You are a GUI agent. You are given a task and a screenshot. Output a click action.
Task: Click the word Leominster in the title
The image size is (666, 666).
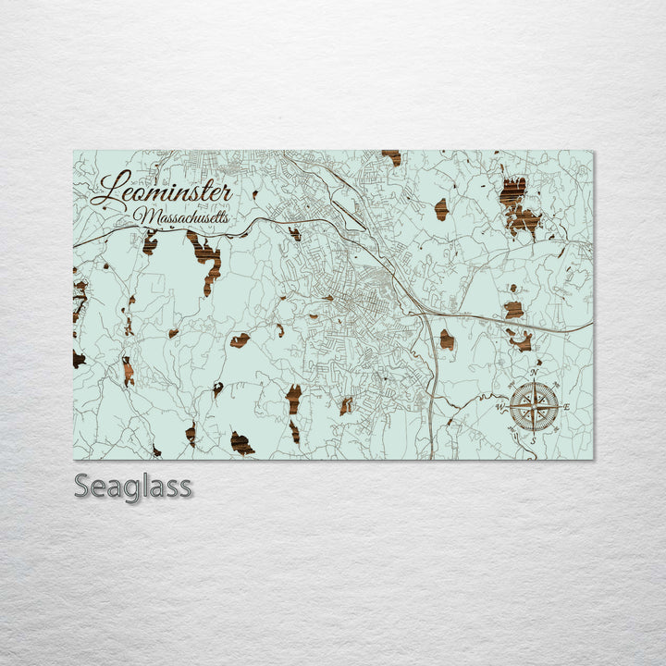162,192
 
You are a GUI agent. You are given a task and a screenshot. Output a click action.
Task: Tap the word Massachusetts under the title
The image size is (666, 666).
181,217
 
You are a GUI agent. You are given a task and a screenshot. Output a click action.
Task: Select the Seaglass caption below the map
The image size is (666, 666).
132,486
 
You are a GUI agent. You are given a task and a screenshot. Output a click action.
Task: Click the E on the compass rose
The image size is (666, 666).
566,408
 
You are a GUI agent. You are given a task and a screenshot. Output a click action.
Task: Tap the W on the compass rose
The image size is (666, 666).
501,406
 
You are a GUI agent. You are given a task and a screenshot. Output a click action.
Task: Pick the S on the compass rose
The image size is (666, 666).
534,439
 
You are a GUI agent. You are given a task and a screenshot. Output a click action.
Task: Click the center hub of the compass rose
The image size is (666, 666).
535,407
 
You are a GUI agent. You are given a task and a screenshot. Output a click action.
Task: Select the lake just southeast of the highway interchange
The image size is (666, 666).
447,339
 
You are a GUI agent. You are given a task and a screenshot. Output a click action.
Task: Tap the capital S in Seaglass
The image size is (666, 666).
82,486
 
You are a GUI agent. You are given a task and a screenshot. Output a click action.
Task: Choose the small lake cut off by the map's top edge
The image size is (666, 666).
392,157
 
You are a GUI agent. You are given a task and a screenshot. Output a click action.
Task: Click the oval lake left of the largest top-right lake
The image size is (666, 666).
441,209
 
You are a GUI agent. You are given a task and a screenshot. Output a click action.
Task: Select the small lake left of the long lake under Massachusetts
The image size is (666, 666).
150,243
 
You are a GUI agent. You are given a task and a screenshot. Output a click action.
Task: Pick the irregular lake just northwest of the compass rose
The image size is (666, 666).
521,340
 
